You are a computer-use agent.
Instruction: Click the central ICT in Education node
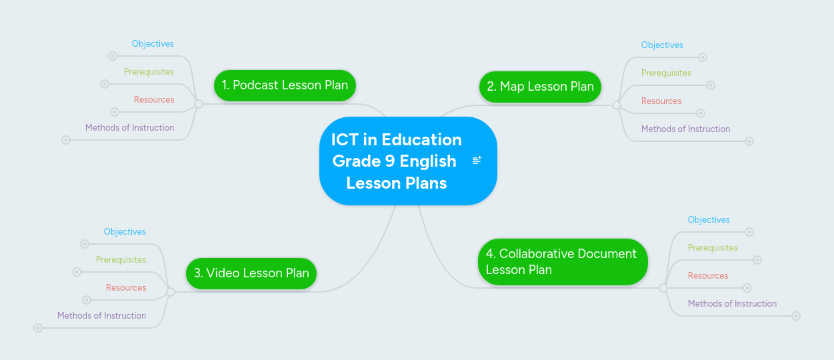point(408,161)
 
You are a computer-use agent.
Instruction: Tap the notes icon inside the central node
point(477,160)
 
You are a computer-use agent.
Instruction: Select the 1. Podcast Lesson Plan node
point(285,85)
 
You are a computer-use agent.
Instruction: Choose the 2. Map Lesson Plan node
point(540,87)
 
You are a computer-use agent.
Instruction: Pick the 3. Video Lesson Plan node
point(251,273)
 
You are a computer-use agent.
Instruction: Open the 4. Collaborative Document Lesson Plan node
point(563,262)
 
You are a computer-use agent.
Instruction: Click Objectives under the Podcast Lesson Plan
point(153,43)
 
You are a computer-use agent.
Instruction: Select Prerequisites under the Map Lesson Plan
point(666,73)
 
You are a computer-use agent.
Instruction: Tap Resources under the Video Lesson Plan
point(126,287)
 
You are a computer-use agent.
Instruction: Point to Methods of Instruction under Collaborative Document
point(733,303)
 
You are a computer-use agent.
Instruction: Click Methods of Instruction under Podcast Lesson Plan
point(129,127)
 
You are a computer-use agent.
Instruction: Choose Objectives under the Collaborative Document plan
point(709,219)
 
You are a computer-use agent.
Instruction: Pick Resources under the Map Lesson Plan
point(661,101)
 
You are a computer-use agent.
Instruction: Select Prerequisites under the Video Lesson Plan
point(121,259)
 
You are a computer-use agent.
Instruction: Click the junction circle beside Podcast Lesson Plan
point(199,104)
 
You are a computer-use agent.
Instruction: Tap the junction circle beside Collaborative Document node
point(663,288)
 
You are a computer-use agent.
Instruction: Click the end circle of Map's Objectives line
point(703,57)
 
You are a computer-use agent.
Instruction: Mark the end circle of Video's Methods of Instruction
point(38,328)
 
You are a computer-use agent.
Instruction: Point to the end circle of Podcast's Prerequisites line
point(105,84)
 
